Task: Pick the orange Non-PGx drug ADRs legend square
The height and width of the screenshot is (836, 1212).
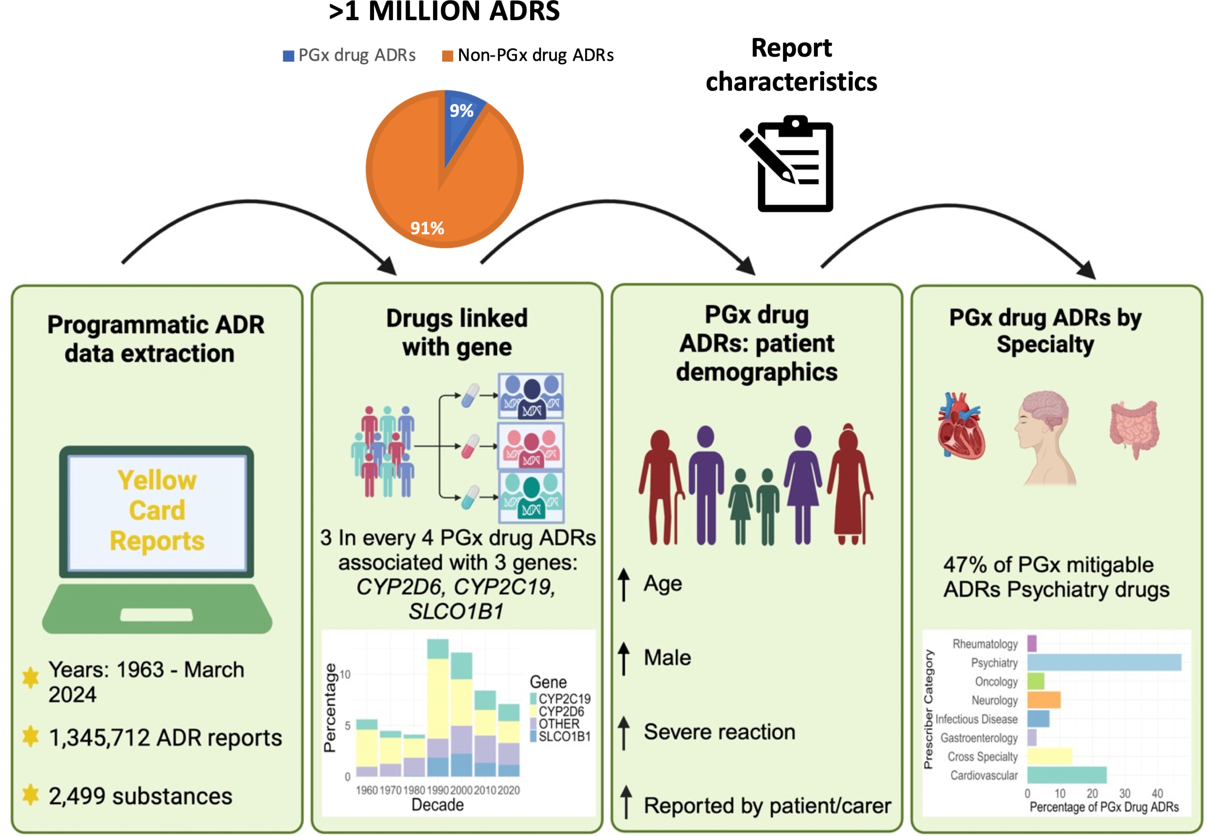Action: tap(447, 56)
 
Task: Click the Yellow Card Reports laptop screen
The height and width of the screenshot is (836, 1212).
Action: tap(157, 511)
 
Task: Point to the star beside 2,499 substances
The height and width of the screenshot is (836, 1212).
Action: tap(30, 794)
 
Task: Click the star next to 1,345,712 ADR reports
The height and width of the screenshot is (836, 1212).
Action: tap(30, 736)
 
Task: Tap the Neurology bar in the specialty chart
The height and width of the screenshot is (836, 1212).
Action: tap(1043, 700)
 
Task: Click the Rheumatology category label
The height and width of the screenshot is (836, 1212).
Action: tap(985, 644)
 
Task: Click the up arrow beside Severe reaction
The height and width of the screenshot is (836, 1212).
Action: tap(623, 732)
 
